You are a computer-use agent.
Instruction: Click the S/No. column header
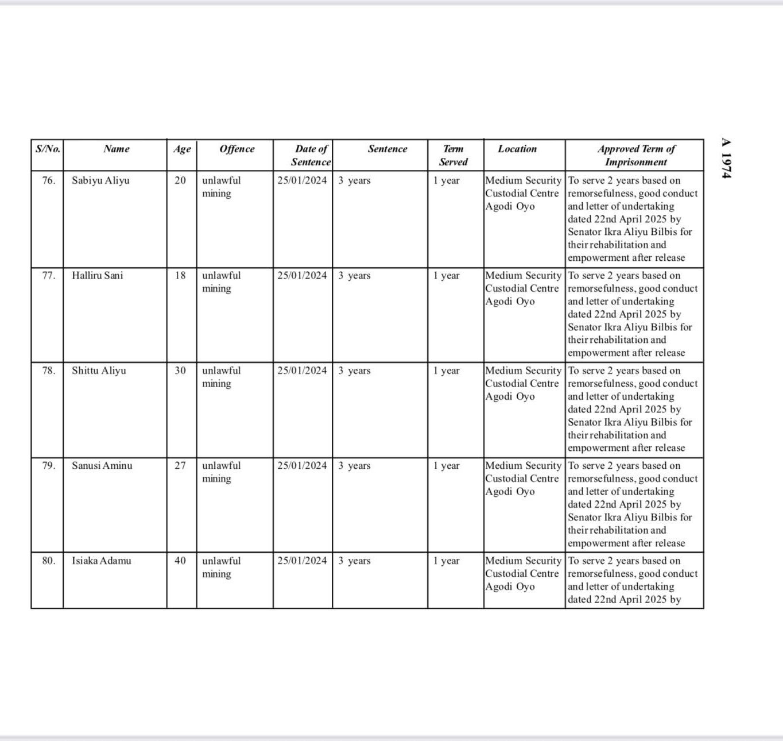(x=48, y=149)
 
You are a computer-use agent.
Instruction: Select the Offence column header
(x=237, y=149)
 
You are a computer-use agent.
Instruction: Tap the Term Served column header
(x=453, y=155)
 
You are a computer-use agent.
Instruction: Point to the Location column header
(x=517, y=149)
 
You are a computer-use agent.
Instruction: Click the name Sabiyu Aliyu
(x=100, y=180)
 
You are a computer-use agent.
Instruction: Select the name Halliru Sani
(x=97, y=276)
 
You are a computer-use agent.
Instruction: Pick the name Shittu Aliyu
(x=99, y=371)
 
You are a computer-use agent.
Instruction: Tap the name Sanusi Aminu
(x=102, y=466)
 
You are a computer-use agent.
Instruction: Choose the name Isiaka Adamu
(x=101, y=561)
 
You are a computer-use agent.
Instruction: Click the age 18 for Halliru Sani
(x=180, y=276)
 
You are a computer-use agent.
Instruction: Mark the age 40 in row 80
(x=180, y=561)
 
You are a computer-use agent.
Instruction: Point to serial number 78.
(x=49, y=371)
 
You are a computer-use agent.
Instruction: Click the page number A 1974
(x=726, y=158)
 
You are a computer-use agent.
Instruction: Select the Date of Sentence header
(x=311, y=155)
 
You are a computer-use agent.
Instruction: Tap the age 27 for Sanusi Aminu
(x=180, y=466)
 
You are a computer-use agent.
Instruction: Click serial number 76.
(x=49, y=180)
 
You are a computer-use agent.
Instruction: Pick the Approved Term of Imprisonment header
(x=636, y=155)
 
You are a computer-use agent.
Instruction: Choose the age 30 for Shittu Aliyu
(x=180, y=371)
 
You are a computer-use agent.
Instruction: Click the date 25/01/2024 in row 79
(x=302, y=466)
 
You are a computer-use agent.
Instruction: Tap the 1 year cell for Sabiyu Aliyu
(x=447, y=181)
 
